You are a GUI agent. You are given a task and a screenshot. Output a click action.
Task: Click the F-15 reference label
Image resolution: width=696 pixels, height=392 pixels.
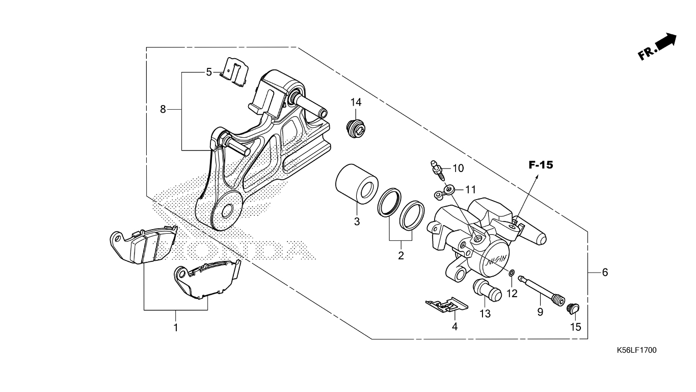click(x=541, y=165)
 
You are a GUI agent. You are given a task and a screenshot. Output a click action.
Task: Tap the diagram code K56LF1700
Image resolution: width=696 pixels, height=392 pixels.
click(x=637, y=350)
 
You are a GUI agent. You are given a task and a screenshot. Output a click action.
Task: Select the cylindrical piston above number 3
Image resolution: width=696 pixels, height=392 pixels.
click(x=357, y=184)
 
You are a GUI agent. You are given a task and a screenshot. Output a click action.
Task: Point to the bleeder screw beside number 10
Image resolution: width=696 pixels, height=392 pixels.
click(x=437, y=170)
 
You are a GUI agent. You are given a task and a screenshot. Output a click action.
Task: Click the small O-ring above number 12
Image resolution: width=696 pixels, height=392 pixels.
click(x=512, y=273)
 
